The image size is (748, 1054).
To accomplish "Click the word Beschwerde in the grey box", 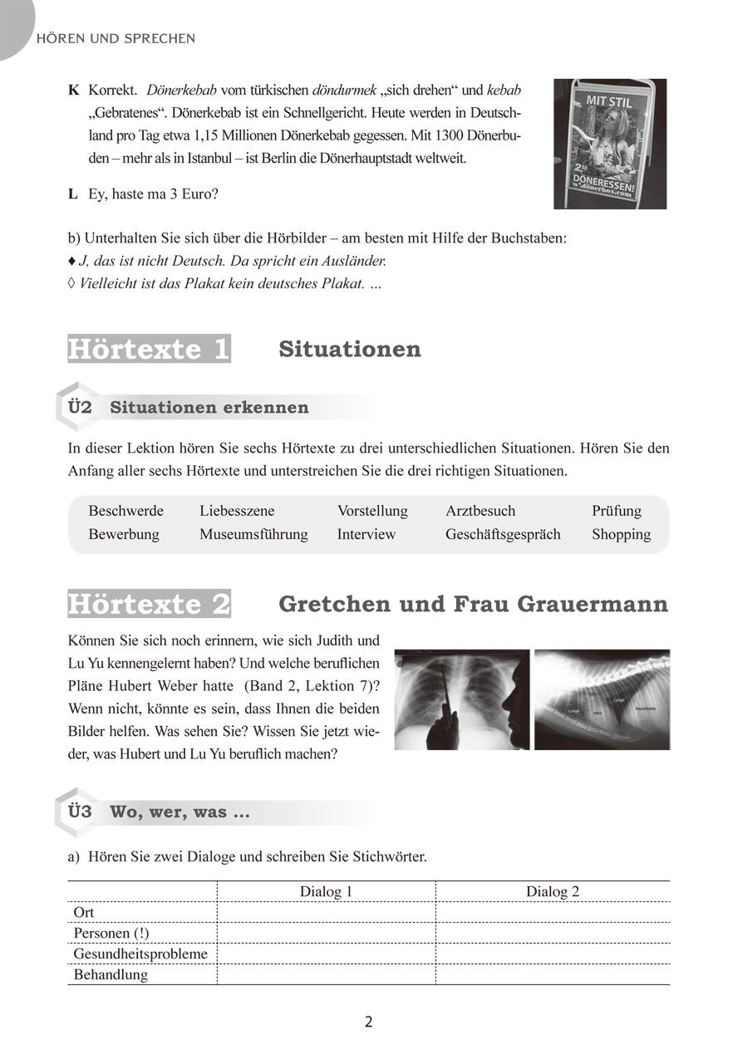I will coord(125,511).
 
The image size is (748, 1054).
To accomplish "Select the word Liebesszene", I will coord(237,511).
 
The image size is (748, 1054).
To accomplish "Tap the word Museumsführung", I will coord(253,534).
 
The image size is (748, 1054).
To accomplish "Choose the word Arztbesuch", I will coord(480,511).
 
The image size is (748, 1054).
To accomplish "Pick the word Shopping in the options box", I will coord(621,534).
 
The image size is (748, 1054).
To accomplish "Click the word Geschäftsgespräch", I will coord(503,534).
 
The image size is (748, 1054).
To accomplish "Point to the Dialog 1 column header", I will coord(326,892).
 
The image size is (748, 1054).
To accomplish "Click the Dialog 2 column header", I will coord(552,892).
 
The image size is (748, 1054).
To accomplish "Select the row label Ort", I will coord(84,912).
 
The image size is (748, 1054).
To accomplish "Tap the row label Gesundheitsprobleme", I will coord(140,954).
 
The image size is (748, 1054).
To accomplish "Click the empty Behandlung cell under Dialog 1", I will coord(326,974).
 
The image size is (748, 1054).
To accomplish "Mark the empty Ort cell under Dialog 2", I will coord(552,912).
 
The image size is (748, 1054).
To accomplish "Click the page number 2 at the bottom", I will coord(369,1022).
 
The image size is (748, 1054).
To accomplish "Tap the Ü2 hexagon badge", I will coord(79,407).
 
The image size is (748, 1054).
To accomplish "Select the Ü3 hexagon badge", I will coord(79,811).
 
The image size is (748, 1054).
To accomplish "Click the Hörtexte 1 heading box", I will coord(149,350).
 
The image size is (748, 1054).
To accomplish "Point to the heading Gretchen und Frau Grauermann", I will coord(473,604).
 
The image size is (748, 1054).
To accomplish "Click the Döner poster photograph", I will coord(610,144).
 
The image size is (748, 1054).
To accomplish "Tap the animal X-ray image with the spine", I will coord(602,699).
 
